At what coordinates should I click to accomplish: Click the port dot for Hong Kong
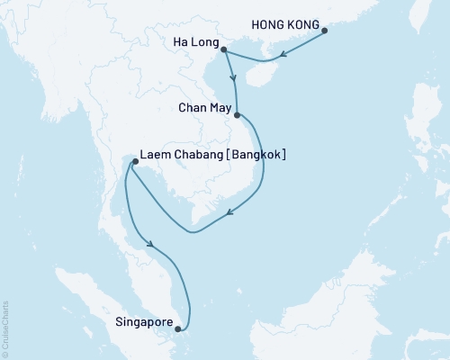tap(325, 31)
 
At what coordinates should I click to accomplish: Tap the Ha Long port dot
tap(223, 50)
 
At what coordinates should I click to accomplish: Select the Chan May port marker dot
tap(237, 115)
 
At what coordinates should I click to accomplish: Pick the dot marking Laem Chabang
tap(134, 162)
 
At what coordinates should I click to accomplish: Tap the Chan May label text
tap(204, 106)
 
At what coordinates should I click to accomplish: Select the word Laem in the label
tap(155, 154)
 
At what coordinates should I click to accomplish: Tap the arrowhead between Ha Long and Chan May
tap(235, 85)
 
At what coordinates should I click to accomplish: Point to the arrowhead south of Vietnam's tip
tap(230, 214)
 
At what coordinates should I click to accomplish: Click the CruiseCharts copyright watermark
tap(5, 329)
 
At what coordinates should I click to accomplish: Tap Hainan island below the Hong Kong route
tap(256, 73)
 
